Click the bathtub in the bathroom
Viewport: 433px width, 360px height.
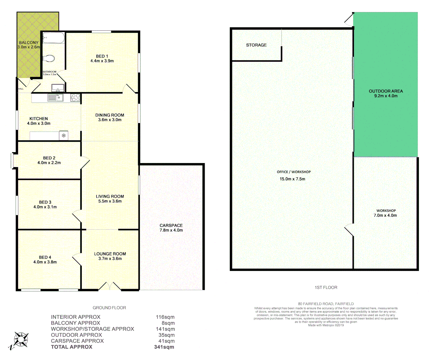click(x=53, y=38)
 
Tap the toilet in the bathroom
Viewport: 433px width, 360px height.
click(x=49, y=59)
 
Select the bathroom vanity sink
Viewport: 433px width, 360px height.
click(x=58, y=88)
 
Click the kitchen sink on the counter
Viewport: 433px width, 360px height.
click(x=55, y=98)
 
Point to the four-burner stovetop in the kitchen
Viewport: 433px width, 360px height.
click(x=75, y=98)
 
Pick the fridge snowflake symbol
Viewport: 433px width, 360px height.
click(x=63, y=136)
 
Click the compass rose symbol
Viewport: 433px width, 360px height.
click(x=21, y=340)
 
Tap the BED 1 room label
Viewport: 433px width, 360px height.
click(x=102, y=56)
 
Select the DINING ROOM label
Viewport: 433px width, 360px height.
click(x=110, y=115)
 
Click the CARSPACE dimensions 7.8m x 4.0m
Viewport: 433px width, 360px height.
click(x=171, y=230)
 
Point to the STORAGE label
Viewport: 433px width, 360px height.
click(x=256, y=45)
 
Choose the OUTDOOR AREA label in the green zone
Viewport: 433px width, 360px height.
click(x=386, y=91)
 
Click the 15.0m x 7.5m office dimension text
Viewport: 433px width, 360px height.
click(x=292, y=179)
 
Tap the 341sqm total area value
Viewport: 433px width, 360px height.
click(x=164, y=347)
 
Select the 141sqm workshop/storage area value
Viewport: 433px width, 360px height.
click(x=165, y=329)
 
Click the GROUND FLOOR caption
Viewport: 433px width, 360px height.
click(x=109, y=308)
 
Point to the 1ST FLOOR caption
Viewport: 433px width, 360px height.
click(x=326, y=287)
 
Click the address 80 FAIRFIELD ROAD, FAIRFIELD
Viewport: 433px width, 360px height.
click(x=326, y=304)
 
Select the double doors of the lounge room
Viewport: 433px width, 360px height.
click(x=110, y=286)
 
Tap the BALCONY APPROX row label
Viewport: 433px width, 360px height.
click(x=75, y=323)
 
